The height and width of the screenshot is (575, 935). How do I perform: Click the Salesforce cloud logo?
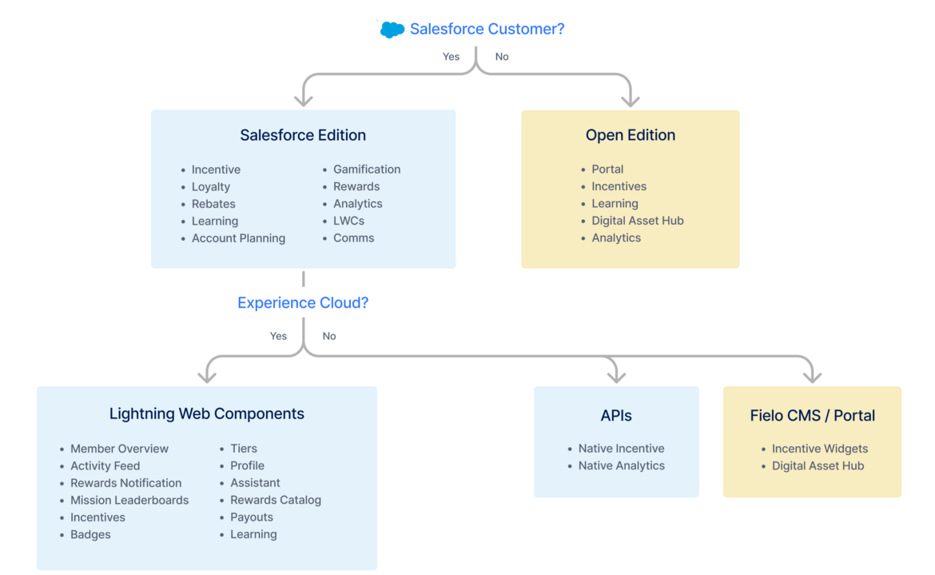(x=392, y=30)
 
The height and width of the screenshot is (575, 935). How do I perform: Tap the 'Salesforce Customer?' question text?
(x=487, y=29)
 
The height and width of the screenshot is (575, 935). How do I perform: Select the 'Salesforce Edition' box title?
(x=303, y=135)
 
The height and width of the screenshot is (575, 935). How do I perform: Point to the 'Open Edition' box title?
(x=631, y=135)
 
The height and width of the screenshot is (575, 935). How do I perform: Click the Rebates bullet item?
(x=213, y=204)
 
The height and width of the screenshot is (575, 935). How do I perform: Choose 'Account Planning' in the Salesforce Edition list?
(x=238, y=238)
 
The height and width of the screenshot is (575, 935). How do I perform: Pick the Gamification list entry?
(x=367, y=170)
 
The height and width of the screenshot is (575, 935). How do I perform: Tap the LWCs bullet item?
(x=348, y=221)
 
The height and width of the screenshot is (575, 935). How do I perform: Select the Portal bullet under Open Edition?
(x=607, y=170)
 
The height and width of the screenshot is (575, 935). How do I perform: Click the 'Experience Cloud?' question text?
(x=303, y=303)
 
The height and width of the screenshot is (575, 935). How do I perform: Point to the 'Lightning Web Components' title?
(x=207, y=413)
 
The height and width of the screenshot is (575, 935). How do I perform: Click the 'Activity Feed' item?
(x=105, y=466)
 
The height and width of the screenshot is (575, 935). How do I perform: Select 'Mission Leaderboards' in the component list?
(x=129, y=501)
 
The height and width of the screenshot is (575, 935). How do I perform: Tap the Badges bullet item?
(x=90, y=535)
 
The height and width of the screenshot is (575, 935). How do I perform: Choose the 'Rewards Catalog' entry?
(x=276, y=501)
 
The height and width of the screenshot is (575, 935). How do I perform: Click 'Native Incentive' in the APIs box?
(x=621, y=449)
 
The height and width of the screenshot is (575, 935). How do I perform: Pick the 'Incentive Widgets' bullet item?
(x=820, y=449)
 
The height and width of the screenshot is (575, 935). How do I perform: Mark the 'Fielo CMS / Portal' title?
(x=812, y=416)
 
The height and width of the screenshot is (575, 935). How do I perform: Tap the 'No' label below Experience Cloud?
(x=329, y=336)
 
